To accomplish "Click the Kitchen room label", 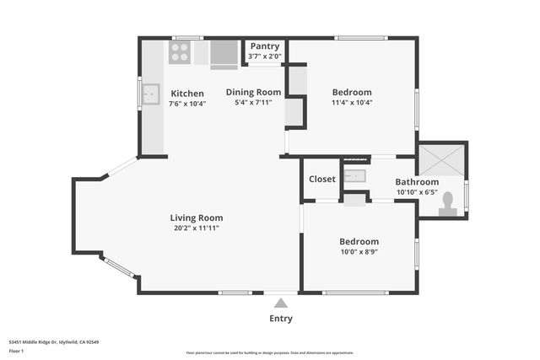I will [x=186, y=93].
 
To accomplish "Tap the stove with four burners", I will [x=179, y=52].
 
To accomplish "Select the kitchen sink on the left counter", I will [x=151, y=94].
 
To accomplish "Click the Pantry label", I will [x=264, y=46].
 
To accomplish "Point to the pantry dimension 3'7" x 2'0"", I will [x=264, y=56].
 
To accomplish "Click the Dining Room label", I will [x=253, y=92].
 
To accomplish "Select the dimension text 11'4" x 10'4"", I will [x=352, y=103].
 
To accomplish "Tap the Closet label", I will [x=321, y=179].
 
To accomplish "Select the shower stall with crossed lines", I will [x=441, y=159].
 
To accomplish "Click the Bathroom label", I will [x=417, y=182].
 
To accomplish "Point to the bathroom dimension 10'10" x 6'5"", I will [x=417, y=192].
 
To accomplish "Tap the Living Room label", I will [x=197, y=218].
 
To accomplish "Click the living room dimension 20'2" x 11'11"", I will [x=197, y=228].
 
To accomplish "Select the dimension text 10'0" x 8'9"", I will [x=359, y=251].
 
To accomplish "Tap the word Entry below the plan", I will [x=281, y=319].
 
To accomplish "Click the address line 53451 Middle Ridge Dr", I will [x=54, y=341].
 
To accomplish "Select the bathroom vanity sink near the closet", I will [x=355, y=176].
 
